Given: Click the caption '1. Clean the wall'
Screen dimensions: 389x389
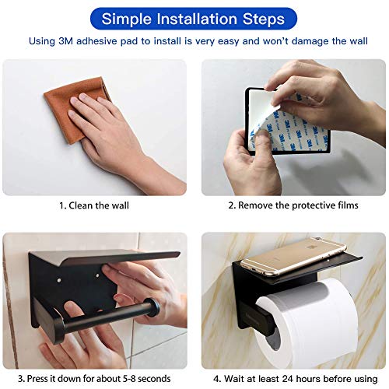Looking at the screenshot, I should click(x=94, y=206).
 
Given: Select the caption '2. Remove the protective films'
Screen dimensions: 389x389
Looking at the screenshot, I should click(x=293, y=206).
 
